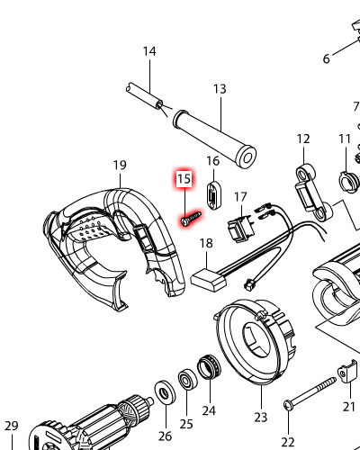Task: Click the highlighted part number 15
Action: (x=184, y=179)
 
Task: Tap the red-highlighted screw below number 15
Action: (x=191, y=219)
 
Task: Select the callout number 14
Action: (x=149, y=51)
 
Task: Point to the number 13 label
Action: (x=220, y=89)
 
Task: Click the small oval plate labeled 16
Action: (x=213, y=195)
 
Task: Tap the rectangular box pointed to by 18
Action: (x=208, y=281)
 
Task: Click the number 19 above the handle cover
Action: (x=120, y=165)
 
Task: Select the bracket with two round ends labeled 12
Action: (x=314, y=193)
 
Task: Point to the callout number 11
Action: (x=345, y=139)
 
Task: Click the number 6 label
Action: (x=327, y=58)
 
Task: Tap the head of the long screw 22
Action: (x=288, y=406)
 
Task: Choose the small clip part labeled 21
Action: (x=348, y=372)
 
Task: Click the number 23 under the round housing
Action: (x=260, y=417)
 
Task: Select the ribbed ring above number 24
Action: (x=209, y=366)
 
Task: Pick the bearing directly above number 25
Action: (x=188, y=380)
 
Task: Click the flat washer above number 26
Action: (x=165, y=392)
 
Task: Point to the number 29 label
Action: (x=12, y=426)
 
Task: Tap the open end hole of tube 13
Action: (x=247, y=157)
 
